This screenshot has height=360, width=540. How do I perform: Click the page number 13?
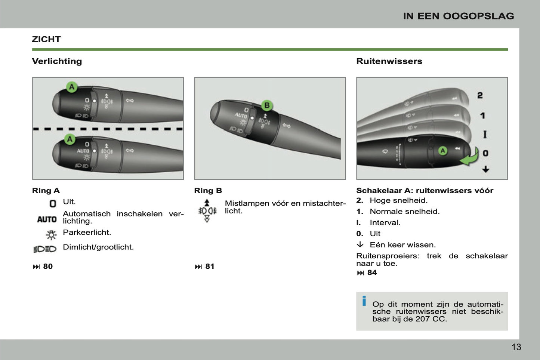pyautogui.click(x=516, y=347)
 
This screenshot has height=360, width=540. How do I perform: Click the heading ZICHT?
pyautogui.click(x=46, y=39)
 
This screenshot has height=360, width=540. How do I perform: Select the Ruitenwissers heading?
pyautogui.click(x=389, y=61)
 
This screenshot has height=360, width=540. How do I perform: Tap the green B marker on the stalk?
pyautogui.click(x=267, y=105)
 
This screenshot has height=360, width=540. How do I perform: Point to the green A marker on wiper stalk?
pyautogui.click(x=442, y=151)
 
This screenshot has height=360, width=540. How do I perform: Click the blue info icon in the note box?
pyautogui.click(x=364, y=301)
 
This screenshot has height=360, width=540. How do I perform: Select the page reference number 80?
pyautogui.click(x=48, y=267)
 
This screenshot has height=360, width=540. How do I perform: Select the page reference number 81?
pyautogui.click(x=210, y=267)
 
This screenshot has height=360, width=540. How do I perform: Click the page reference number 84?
pyautogui.click(x=372, y=273)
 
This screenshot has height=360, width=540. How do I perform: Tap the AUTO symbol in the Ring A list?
pyautogui.click(x=47, y=219)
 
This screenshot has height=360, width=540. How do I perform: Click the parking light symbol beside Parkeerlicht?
pyautogui.click(x=51, y=235)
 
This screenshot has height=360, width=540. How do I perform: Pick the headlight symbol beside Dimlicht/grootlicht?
pyautogui.click(x=45, y=249)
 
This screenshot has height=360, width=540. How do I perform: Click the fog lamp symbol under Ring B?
pyautogui.click(x=207, y=211)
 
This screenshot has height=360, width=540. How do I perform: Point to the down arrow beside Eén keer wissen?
pyautogui.click(x=360, y=244)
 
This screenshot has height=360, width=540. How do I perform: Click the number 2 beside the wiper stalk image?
pyautogui.click(x=480, y=96)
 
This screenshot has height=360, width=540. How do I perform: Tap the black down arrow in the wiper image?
pyautogui.click(x=485, y=169)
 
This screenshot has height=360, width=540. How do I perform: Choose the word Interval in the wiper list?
pyautogui.click(x=385, y=223)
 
